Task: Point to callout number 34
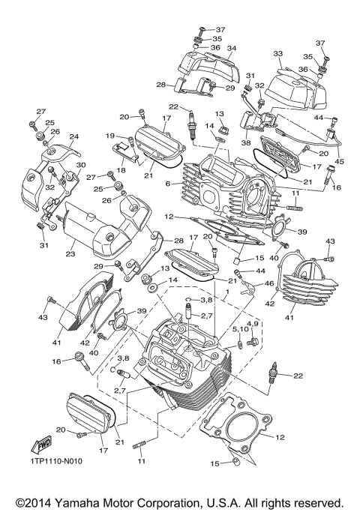tap(232, 48)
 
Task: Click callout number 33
tap(277, 54)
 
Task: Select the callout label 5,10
tap(240, 329)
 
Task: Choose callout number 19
tap(109, 136)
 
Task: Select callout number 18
tap(120, 171)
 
